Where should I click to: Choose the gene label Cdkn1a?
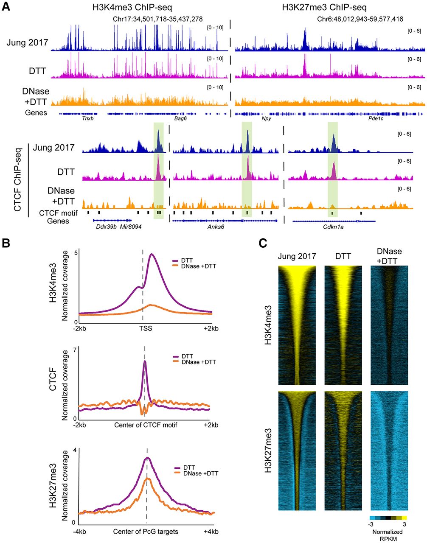click(334, 227)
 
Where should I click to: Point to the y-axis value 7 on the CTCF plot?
click(74, 350)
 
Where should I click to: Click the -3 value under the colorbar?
click(370, 524)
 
